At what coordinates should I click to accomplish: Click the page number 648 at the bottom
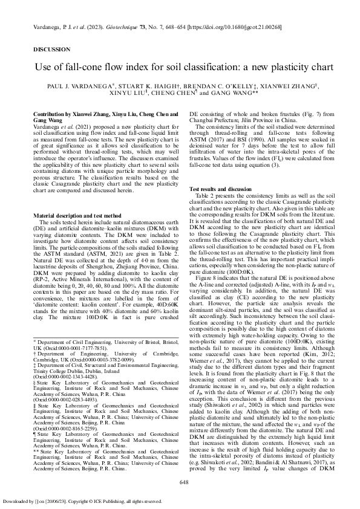(185, 481)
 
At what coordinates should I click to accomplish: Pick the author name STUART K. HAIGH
(145, 86)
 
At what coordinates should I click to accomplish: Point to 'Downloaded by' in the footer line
(17, 501)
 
